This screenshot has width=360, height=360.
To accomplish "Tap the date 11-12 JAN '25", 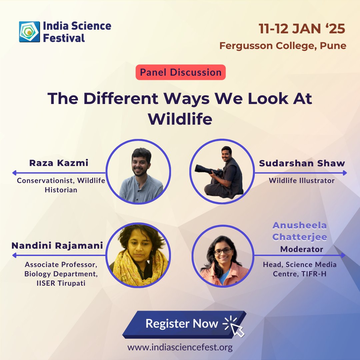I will (x=302, y=29).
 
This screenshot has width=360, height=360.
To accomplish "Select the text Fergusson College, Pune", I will (x=283, y=45).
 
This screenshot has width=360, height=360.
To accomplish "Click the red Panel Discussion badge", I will (x=180, y=72).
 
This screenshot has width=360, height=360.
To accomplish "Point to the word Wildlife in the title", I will (x=180, y=119).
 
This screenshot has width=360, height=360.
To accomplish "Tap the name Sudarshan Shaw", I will (x=302, y=163).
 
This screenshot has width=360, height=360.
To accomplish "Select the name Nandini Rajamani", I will (x=57, y=246).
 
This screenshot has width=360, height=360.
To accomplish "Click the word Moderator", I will (x=302, y=249).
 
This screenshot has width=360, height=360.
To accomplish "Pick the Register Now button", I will (x=183, y=323).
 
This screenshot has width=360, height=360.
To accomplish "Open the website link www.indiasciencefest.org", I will (x=180, y=347).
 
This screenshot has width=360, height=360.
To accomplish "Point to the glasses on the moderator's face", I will (x=223, y=251).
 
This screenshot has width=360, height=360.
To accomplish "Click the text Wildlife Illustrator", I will (x=302, y=181).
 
